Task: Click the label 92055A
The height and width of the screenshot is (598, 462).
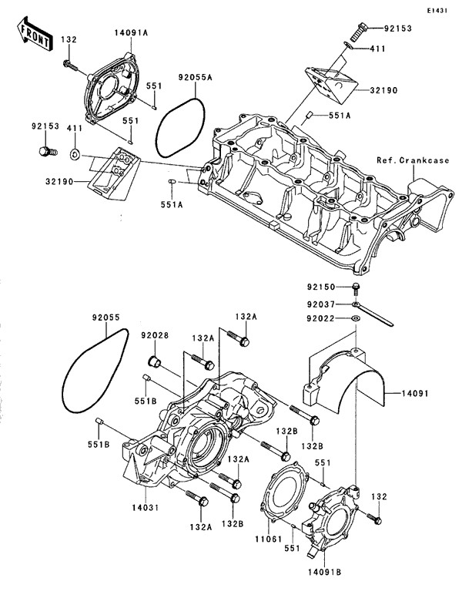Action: [195, 76]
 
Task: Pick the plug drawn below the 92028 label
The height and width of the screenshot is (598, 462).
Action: [152, 363]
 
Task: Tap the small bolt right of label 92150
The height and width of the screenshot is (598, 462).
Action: [356, 288]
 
